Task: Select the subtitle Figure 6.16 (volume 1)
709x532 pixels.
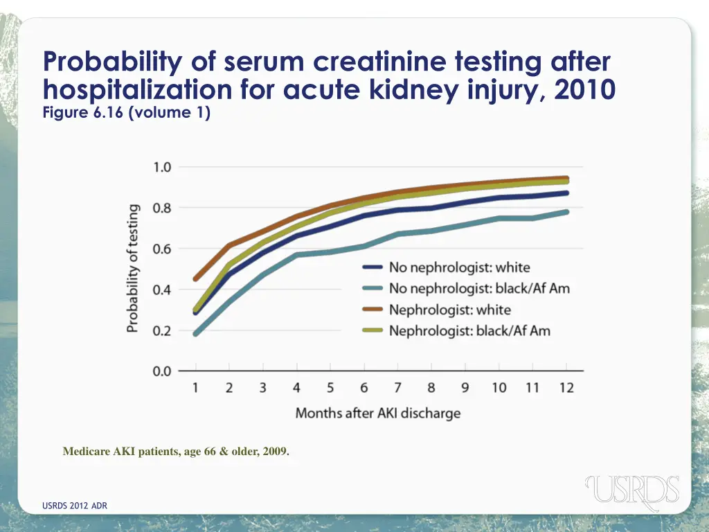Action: pyautogui.click(x=127, y=112)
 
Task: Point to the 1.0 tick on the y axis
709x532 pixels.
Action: pyautogui.click(x=162, y=167)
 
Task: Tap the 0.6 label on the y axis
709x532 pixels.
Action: pyautogui.click(x=162, y=249)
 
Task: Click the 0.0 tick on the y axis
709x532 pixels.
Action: pyautogui.click(x=162, y=371)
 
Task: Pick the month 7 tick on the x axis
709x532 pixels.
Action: pyautogui.click(x=397, y=388)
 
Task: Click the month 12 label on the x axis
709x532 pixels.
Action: pyautogui.click(x=566, y=388)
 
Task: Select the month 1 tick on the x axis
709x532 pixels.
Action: pyautogui.click(x=196, y=388)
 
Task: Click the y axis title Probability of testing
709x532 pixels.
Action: pyautogui.click(x=133, y=268)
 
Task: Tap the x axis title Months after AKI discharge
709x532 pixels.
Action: pyautogui.click(x=378, y=414)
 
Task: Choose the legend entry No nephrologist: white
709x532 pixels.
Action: pyautogui.click(x=459, y=267)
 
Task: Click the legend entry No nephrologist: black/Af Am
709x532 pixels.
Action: pyautogui.click(x=479, y=288)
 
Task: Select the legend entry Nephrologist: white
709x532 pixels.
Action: pyautogui.click(x=449, y=310)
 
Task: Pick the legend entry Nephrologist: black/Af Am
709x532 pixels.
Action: pyautogui.click(x=469, y=330)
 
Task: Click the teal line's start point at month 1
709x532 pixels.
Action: pyautogui.click(x=196, y=334)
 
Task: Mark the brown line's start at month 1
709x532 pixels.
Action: pyautogui.click(x=196, y=279)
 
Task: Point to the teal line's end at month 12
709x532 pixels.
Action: pyautogui.click(x=567, y=212)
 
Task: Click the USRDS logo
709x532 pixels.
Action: pyautogui.click(x=632, y=490)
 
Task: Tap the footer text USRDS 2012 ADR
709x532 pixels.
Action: pyautogui.click(x=75, y=506)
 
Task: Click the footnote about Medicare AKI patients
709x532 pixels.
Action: pyautogui.click(x=177, y=452)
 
